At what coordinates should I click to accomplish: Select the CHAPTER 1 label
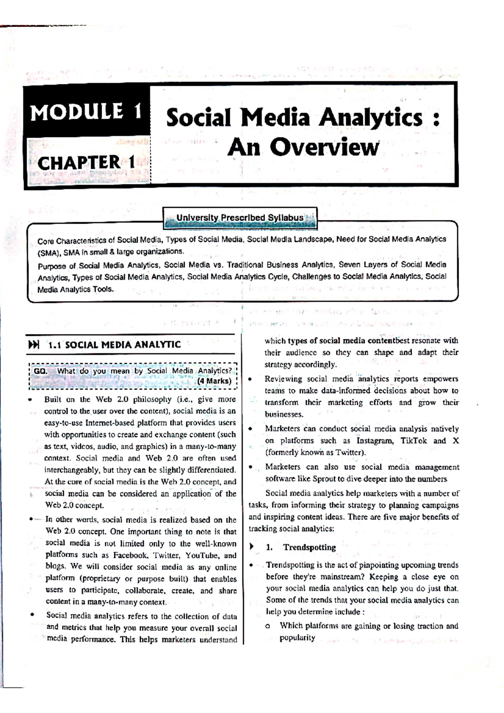(x=86, y=163)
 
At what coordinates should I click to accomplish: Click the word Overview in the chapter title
(x=324, y=147)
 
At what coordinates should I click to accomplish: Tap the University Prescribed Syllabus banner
(x=240, y=218)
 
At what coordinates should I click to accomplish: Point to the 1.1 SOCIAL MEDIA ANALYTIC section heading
(x=114, y=345)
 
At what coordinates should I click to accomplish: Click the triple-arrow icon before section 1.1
(x=34, y=345)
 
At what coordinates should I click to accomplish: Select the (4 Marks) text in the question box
(x=214, y=381)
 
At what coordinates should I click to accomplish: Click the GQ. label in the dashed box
(x=40, y=371)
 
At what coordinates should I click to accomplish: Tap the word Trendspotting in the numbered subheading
(x=310, y=548)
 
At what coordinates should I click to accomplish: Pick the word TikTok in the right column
(x=413, y=441)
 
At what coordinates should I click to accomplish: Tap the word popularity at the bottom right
(x=297, y=638)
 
